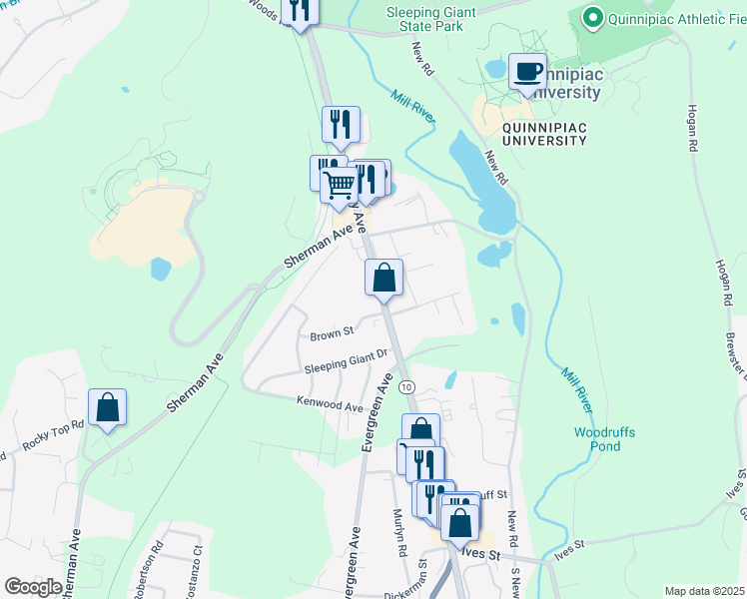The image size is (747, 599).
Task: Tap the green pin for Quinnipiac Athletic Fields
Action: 590,17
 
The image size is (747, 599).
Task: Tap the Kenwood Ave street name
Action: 330,405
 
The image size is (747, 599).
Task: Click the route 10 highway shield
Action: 405,385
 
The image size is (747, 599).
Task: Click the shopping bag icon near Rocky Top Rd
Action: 107,407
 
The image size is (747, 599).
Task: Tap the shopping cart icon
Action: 340,185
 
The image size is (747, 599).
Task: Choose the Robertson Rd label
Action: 156,563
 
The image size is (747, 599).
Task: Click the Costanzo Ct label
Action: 197,565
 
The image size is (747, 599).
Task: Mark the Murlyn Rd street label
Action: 398,533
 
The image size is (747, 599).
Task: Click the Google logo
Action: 33,586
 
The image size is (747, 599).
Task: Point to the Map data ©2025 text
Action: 704,591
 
